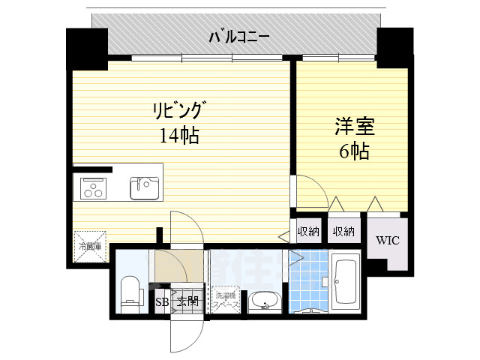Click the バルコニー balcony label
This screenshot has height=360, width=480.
tap(239, 36)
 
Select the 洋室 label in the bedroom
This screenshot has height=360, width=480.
tap(352, 127)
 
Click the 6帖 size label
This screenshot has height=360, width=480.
tap(353, 151)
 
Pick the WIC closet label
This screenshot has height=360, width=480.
tap(387, 241)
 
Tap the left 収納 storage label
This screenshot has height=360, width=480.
tap(308, 232)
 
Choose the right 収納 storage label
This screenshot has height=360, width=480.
tap(343, 232)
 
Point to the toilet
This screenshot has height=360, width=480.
tap(130, 292)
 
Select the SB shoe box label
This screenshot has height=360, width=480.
tap(161, 302)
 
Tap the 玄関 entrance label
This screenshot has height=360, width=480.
tap(187, 302)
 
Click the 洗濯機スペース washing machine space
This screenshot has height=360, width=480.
tap(226, 301)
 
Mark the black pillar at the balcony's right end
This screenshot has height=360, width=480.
tap(394, 45)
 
